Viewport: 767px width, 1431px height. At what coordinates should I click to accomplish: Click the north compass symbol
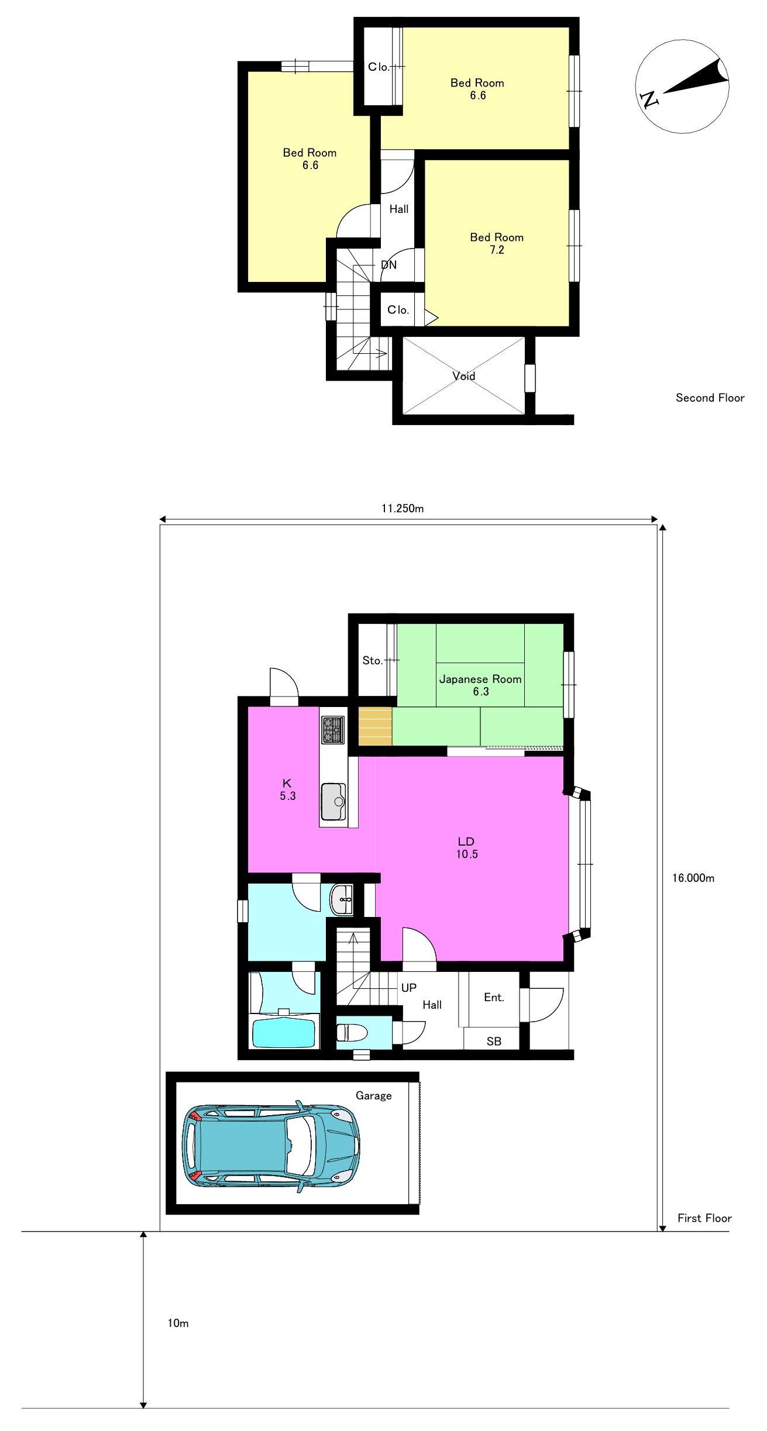point(682,87)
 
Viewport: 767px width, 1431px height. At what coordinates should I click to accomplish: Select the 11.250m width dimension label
point(403,508)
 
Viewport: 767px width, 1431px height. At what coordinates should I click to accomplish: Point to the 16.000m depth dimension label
point(693,878)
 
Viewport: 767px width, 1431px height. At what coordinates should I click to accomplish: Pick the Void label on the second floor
point(464,376)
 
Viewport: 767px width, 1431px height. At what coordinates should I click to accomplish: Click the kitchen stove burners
point(332,729)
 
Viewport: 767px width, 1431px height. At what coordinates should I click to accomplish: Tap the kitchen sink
point(333,802)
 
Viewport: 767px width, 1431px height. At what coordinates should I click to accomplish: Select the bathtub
point(284,1033)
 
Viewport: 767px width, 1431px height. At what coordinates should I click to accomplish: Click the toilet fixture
point(352,1033)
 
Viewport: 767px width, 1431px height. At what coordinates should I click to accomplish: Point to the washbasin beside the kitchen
point(342,899)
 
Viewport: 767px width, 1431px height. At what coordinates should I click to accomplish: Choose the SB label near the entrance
point(494,1041)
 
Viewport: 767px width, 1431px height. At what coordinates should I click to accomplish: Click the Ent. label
point(494,997)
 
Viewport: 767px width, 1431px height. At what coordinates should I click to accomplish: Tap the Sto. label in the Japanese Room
point(372,660)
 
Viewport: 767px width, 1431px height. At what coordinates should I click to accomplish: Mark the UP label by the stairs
point(409,988)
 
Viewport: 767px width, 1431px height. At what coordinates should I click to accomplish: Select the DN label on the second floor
point(388,265)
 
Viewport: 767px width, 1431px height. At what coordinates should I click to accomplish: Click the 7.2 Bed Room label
point(497,243)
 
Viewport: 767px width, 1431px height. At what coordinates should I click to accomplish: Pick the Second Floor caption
point(710,398)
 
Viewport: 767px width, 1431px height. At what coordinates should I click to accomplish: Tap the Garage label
point(374,1095)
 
